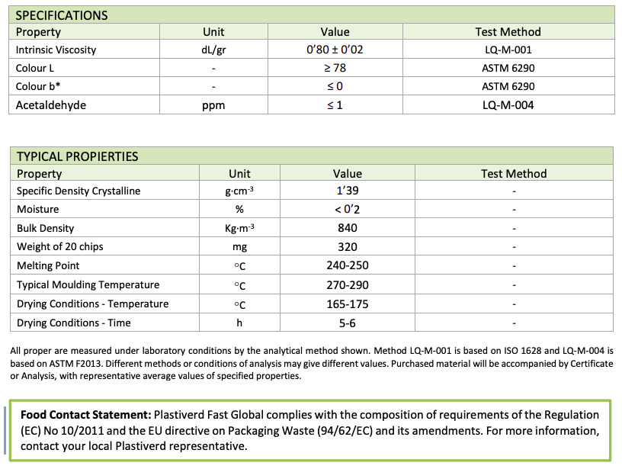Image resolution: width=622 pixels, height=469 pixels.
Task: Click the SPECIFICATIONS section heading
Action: [62, 15]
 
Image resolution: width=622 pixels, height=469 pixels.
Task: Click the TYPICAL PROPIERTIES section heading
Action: [77, 156]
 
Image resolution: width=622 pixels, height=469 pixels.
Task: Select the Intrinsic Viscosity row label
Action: [56, 50]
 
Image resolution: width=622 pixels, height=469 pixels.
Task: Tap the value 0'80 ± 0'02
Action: [335, 50]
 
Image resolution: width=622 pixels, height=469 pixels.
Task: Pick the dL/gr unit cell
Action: [213, 50]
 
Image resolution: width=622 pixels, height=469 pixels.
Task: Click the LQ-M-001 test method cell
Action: [507, 50]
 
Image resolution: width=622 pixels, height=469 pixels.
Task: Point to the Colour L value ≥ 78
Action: [335, 68]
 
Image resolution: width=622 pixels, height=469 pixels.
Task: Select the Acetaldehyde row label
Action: [51, 105]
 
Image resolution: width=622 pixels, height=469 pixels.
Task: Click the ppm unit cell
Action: [213, 105]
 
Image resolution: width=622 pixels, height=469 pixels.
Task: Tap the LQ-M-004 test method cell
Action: [507, 105]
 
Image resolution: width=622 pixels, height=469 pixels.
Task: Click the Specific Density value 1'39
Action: [347, 191]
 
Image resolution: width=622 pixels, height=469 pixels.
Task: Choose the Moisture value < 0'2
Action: [347, 210]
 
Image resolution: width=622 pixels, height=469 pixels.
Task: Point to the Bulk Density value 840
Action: [347, 228]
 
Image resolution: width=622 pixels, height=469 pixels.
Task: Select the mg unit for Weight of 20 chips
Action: [239, 247]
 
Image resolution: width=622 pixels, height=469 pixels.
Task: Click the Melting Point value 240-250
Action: [347, 266]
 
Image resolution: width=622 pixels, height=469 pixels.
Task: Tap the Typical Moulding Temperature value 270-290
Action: [347, 285]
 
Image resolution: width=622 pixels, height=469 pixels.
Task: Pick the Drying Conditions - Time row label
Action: [74, 323]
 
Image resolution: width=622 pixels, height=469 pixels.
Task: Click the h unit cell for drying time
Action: [239, 323]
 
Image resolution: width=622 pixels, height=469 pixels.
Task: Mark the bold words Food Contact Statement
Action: [85, 416]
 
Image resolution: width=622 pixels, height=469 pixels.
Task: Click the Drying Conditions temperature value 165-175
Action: [347, 304]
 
